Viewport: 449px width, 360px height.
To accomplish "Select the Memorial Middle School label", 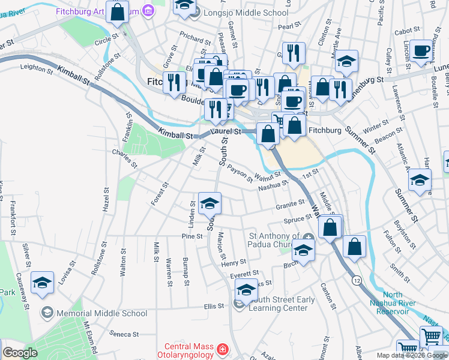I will click(x=101, y=313).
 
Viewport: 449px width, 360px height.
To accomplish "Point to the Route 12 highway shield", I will click(x=357, y=280).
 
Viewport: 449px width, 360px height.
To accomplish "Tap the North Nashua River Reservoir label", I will click(x=402, y=299).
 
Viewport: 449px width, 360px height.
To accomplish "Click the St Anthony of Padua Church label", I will click(x=274, y=240).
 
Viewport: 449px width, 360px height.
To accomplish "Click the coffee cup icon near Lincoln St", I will click(x=421, y=50).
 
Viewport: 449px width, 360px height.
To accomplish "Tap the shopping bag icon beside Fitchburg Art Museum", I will click(x=118, y=11).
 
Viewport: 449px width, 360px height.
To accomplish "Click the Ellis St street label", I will click(x=213, y=305).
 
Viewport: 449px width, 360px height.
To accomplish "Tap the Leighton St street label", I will click(x=37, y=68).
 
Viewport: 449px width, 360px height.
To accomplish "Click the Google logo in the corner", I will click(x=20, y=353).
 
